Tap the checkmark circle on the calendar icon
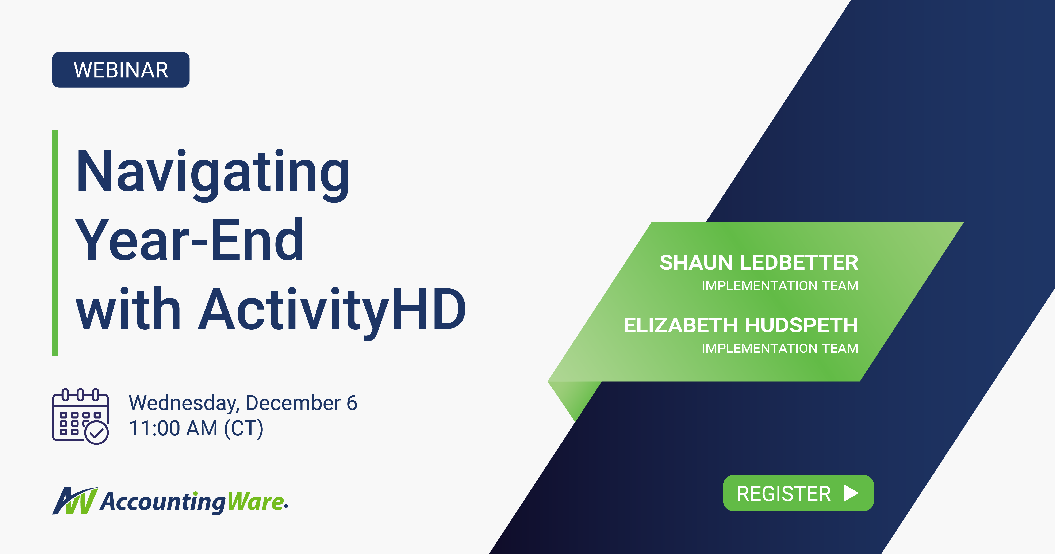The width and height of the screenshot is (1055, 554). click(x=97, y=433)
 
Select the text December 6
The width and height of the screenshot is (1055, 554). click(x=301, y=403)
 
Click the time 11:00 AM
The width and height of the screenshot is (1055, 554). click(x=173, y=429)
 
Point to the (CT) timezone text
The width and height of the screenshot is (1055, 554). click(x=244, y=429)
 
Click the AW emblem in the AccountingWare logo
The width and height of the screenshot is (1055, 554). click(x=75, y=501)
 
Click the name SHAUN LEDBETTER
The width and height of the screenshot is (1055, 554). click(x=759, y=263)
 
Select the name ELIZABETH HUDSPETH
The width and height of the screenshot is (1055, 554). click(x=740, y=325)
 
